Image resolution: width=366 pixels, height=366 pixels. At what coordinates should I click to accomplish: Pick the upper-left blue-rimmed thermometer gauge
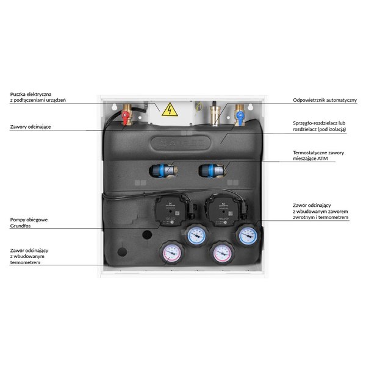[x=196, y=234]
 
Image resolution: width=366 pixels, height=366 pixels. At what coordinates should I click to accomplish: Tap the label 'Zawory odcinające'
[x=30, y=127]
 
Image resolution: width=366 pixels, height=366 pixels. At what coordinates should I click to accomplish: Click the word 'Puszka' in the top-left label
[x=20, y=94]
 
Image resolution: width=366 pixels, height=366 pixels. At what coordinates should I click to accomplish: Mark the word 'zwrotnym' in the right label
[x=304, y=218]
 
